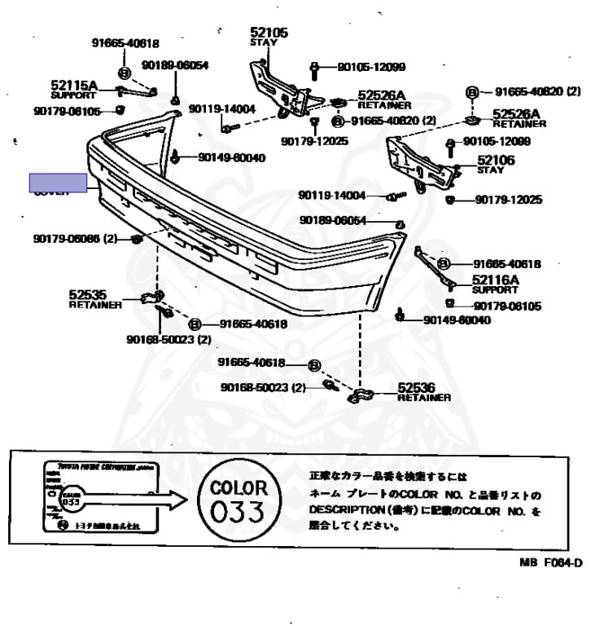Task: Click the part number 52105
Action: (269, 33)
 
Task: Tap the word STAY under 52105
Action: (263, 42)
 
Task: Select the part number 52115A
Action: (73, 85)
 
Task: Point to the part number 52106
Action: (496, 161)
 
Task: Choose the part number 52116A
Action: (496, 280)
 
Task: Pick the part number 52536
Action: (417, 388)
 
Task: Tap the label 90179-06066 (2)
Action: (76, 239)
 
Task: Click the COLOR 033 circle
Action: (239, 501)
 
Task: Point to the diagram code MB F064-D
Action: (551, 562)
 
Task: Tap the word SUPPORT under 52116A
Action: (495, 289)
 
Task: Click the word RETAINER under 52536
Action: (424, 398)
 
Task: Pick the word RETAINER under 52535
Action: (95, 305)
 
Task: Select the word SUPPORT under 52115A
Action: (73, 94)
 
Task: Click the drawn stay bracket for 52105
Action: (277, 86)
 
